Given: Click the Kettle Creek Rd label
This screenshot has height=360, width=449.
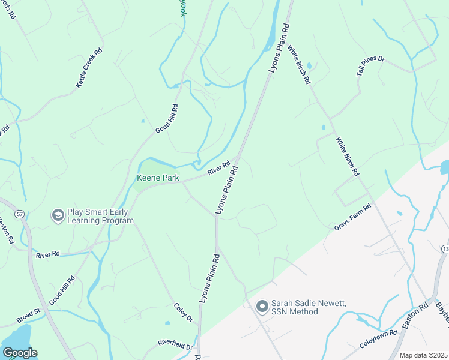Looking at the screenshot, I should tap(89, 68).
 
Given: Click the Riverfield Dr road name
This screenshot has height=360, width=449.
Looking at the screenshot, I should tap(175, 344).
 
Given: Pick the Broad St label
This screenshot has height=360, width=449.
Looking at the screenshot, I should tap(28, 316).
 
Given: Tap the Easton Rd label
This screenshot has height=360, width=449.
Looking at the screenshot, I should tap(416, 316).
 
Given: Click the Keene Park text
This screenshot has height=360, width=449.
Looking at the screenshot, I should tap(158, 178).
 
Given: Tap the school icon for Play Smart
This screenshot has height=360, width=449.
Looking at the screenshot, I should tap(58, 215).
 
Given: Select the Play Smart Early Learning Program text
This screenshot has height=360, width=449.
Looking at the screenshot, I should tap(100, 216).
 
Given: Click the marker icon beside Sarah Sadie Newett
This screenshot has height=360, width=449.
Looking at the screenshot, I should tap(262, 307).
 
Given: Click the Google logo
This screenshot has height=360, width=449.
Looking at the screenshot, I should tap(20, 353).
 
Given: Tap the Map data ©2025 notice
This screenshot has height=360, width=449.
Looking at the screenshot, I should tap(423, 355).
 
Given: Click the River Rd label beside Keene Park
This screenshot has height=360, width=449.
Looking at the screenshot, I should tap(219, 167).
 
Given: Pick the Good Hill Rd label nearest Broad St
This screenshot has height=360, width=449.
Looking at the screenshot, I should tap(62, 290).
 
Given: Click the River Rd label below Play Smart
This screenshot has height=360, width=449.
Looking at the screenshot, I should tap(48, 254).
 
